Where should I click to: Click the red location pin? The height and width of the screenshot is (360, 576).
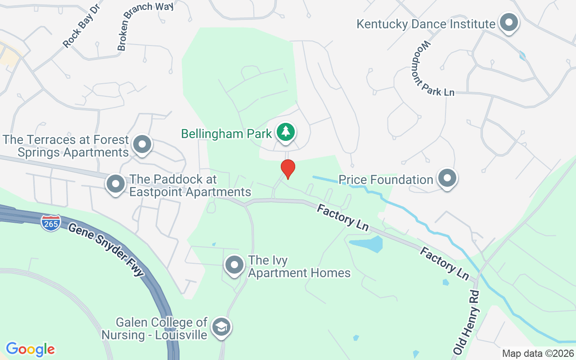tap(288, 169)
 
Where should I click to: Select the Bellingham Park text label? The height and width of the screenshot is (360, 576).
tap(226, 134)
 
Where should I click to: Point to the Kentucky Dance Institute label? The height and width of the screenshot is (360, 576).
tap(425, 24)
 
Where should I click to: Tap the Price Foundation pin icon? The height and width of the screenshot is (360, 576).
tap(447, 178)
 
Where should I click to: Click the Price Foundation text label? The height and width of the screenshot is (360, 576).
tap(386, 180)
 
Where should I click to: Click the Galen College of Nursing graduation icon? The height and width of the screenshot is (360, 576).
tap(221, 327)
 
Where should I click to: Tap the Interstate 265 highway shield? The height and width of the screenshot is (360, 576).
tap(51, 223)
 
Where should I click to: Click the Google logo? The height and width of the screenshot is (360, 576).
tap(30, 349)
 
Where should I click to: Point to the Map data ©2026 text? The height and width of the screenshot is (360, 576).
tap(537, 353)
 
